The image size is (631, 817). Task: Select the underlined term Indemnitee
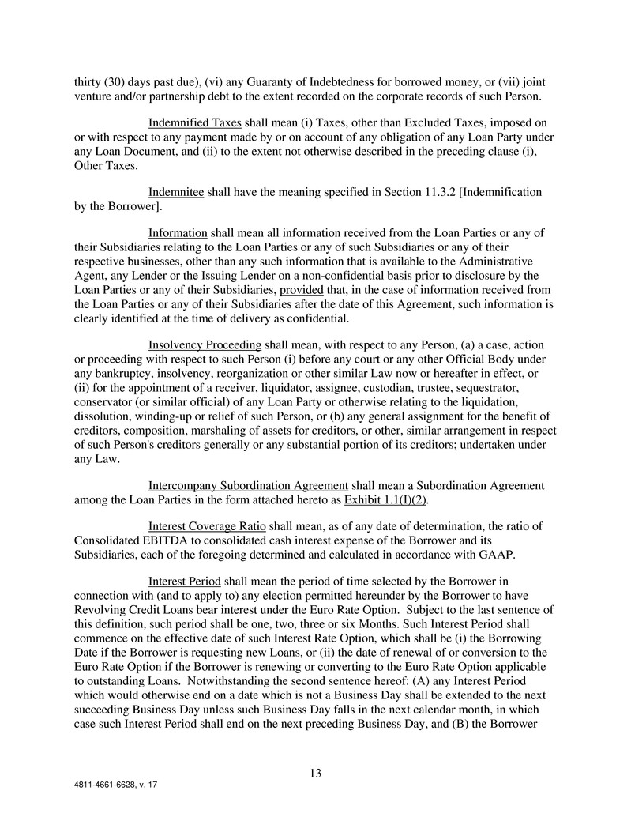(x=176, y=191)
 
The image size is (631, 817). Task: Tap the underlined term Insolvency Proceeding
(x=205, y=344)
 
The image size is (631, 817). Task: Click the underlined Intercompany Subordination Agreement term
(x=248, y=485)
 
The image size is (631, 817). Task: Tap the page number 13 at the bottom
(x=315, y=774)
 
